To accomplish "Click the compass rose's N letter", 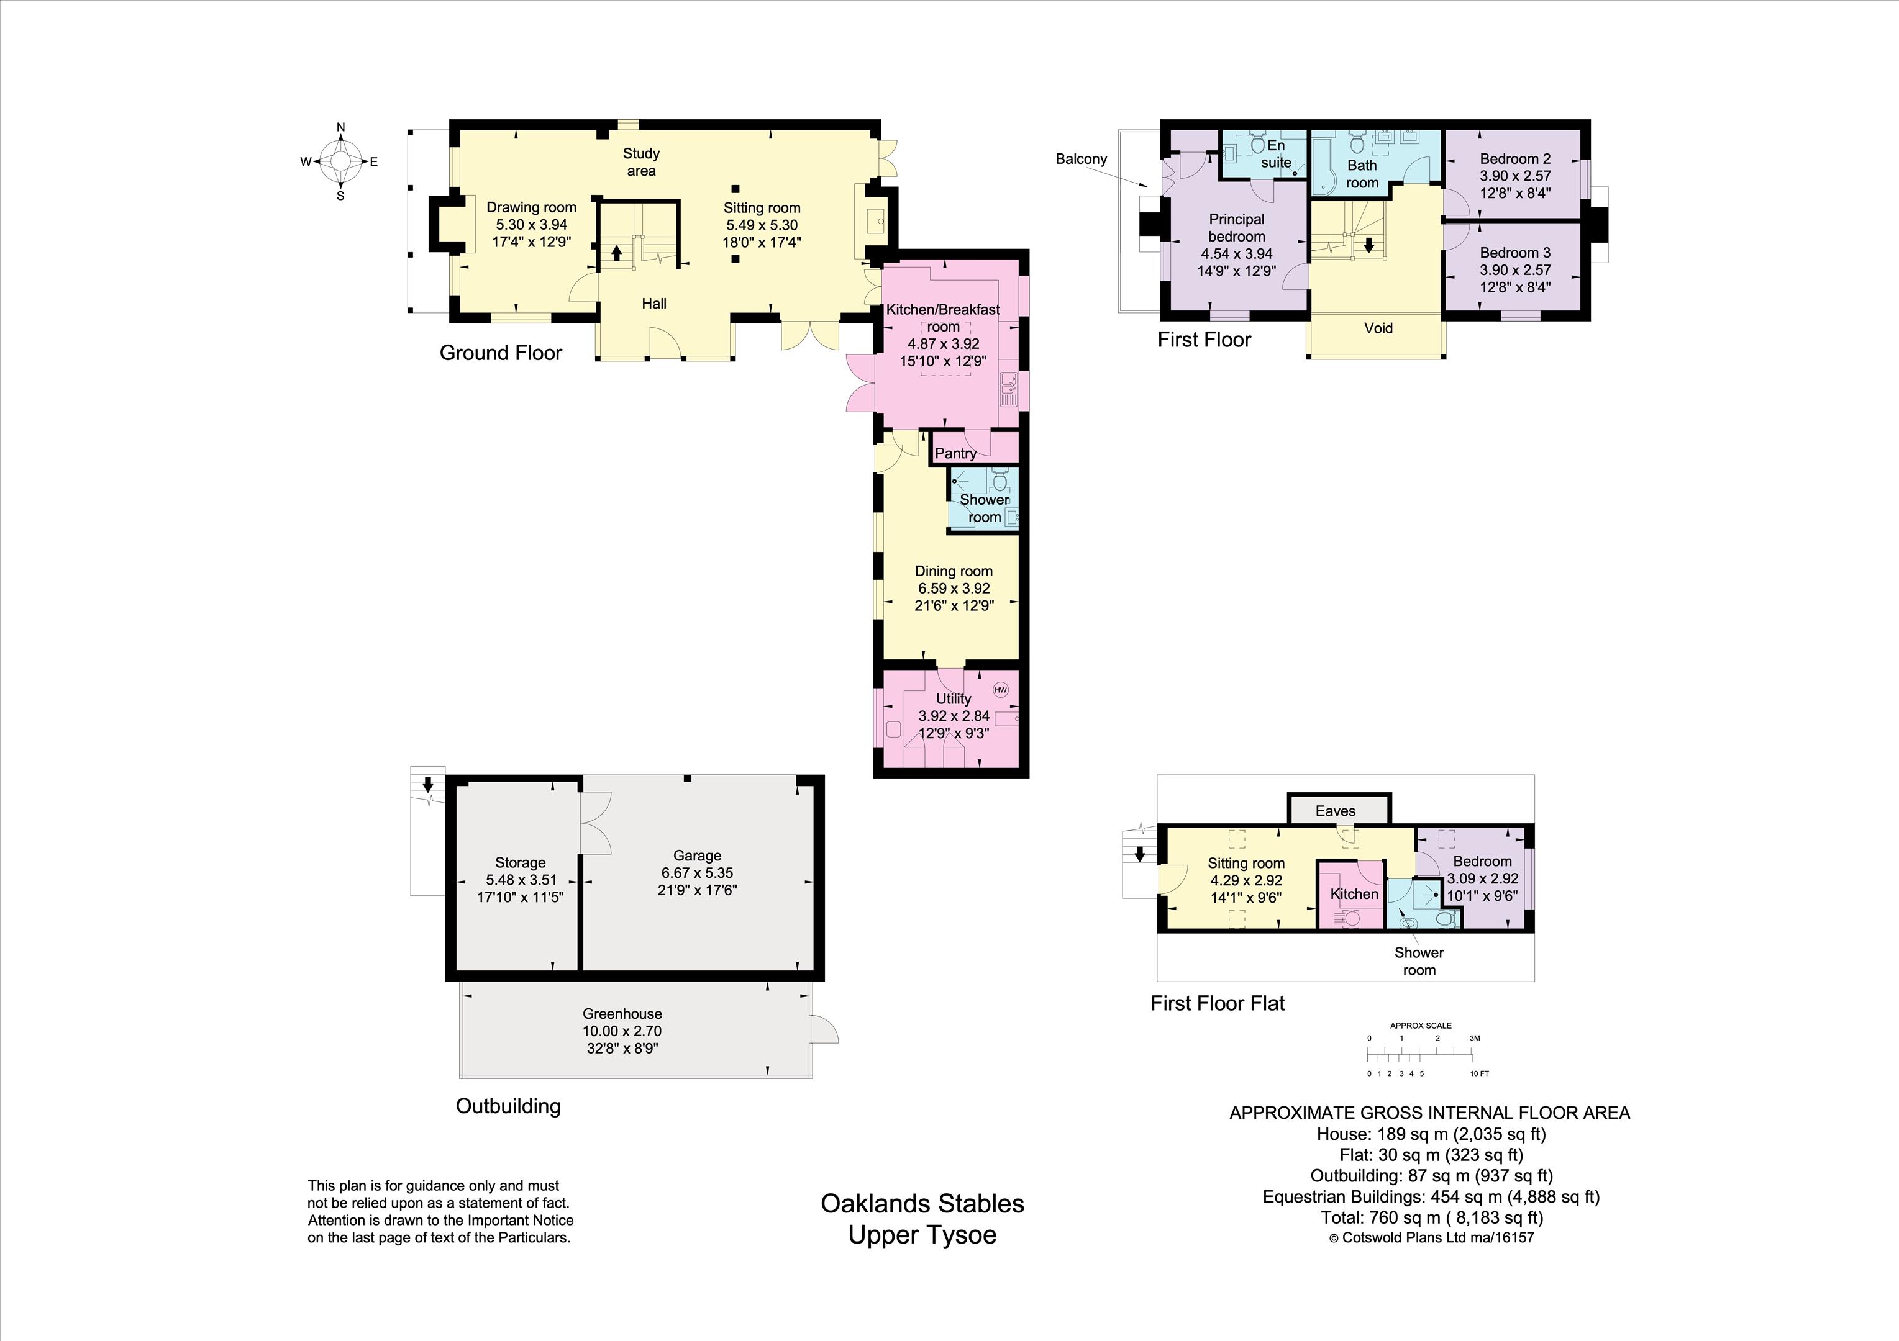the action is pos(340,127).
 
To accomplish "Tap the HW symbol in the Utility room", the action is pos(1001,690).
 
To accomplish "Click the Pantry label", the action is pos(955,453).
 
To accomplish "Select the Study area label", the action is pos(641,162).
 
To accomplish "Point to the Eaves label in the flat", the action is pos(1335,811).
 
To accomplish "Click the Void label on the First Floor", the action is pos(1378,328).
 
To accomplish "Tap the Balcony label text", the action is pos(1081,159).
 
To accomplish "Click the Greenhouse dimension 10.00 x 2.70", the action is pos(622,1031).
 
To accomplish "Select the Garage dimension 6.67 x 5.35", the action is pos(696,872).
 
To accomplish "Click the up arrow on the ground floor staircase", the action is pos(616,252).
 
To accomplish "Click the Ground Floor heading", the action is pos(501,353).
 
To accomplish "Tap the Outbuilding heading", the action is pos(508,1106).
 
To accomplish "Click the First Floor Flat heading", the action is pos(1218,1004).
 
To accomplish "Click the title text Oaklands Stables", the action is pos(922,1204).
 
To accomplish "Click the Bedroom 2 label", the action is pos(1515,159).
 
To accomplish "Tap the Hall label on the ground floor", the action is pos(654,304).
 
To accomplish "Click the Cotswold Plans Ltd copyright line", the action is pos(1431,1238).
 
